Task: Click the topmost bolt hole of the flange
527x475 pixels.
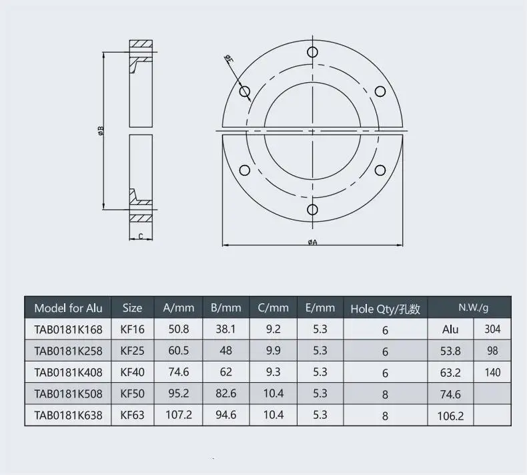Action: pyautogui.click(x=312, y=52)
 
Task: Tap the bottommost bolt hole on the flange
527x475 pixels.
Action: pyautogui.click(x=312, y=209)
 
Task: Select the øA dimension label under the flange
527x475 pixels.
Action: pyautogui.click(x=313, y=242)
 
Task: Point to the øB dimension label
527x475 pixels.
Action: pyautogui.click(x=101, y=130)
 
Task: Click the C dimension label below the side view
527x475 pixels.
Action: pyautogui.click(x=141, y=236)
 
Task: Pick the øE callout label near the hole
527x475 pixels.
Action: pyautogui.click(x=229, y=59)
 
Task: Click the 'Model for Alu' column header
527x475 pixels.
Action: pyautogui.click(x=68, y=308)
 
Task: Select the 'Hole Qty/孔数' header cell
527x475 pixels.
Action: pyautogui.click(x=385, y=309)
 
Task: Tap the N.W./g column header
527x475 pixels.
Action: pyautogui.click(x=473, y=307)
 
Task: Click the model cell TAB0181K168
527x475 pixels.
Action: pyautogui.click(x=68, y=329)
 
